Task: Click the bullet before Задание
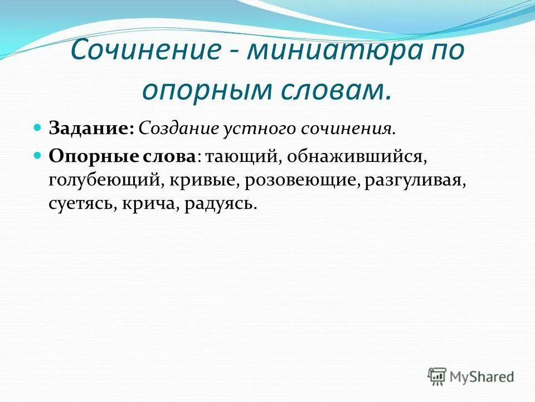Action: [x=38, y=128]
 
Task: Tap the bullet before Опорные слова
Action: [x=38, y=156]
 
